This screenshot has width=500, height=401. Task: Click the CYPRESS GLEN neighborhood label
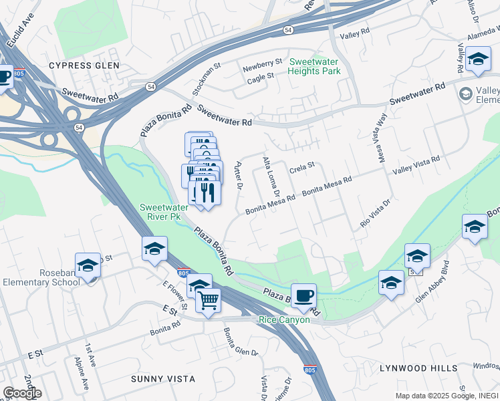[x=84, y=65]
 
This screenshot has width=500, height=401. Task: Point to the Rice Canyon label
[x=285, y=320]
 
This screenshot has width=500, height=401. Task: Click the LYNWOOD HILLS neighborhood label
[x=418, y=368]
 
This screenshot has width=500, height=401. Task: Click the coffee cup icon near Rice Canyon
[x=303, y=295]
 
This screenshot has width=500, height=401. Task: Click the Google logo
[x=21, y=392]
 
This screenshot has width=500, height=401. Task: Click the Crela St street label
[x=301, y=170]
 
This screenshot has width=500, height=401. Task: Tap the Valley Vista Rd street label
[x=416, y=165]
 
